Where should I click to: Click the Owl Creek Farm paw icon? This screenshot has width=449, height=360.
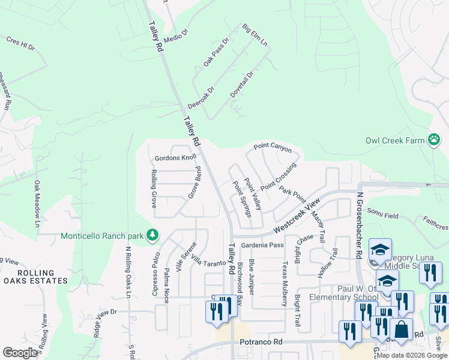[x=434, y=140]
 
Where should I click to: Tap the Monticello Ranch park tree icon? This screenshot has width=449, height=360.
[x=153, y=235]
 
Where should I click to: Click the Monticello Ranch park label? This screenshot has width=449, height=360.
[x=102, y=235]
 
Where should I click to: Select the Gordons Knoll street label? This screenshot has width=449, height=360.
[x=175, y=158]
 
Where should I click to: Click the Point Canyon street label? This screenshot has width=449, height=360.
[x=272, y=146]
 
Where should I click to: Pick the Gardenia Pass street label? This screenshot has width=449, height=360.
[x=262, y=245]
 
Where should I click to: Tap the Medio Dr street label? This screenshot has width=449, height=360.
[x=176, y=34]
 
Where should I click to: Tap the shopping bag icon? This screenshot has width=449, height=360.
[x=401, y=329]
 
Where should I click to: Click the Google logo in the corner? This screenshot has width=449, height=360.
[x=20, y=353]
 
